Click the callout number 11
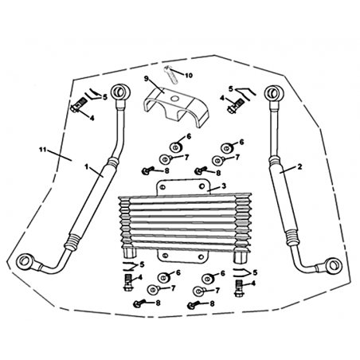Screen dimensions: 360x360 [x=42, y=150]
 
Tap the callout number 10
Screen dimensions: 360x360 [x=188, y=76]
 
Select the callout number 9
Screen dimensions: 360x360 [x=146, y=79]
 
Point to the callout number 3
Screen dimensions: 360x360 [x=224, y=186]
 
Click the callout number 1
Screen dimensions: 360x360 [x=86, y=166]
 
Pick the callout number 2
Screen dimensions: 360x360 [x=299, y=166]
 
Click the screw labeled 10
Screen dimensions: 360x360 [x=171, y=75]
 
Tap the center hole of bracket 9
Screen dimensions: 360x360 [x=174, y=99]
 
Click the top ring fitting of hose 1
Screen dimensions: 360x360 [x=121, y=92]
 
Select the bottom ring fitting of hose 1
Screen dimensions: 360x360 [x=25, y=261]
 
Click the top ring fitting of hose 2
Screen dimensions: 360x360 [x=273, y=93]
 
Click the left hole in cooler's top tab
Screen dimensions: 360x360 [x=163, y=187]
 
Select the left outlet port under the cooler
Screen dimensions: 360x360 [x=130, y=252]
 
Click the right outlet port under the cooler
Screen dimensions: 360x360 [x=240, y=256]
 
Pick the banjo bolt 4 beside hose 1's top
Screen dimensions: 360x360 [x=78, y=105]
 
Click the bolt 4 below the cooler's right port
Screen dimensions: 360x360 [x=238, y=288]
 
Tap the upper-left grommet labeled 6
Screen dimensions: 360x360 [x=175, y=147]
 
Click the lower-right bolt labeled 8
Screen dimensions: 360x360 [x=194, y=305]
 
